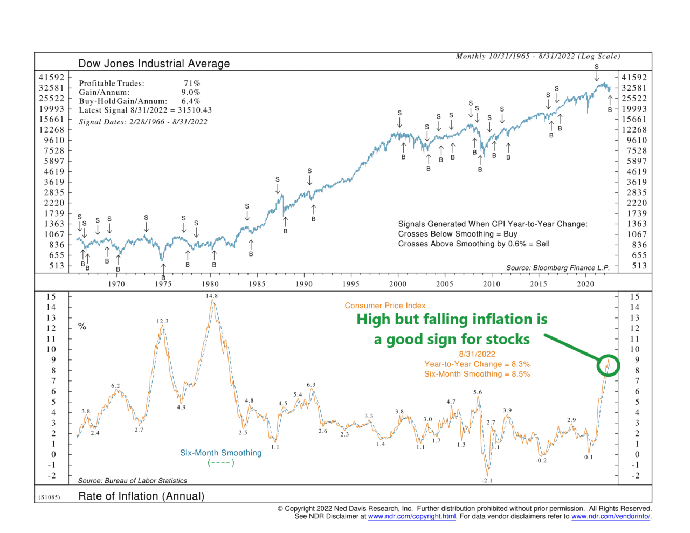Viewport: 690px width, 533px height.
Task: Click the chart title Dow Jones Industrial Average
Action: coord(154,64)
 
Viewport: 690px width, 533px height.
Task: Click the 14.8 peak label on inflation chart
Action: coord(211,296)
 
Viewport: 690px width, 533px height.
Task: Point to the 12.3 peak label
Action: coord(162,321)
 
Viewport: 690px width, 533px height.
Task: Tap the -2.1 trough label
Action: coord(487,480)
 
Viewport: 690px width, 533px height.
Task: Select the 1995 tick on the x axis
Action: coord(351,284)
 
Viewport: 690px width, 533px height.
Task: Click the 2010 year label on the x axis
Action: coord(492,284)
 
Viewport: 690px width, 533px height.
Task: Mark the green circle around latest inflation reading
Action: coord(608,365)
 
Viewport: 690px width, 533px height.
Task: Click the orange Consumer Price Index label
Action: coord(385,306)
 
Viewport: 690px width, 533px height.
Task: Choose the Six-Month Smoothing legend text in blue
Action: coord(220,453)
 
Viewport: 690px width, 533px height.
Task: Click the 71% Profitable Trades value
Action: coord(191,84)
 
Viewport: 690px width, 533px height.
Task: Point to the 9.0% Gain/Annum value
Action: coord(190,92)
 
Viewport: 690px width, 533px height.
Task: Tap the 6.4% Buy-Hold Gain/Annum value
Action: coord(190,101)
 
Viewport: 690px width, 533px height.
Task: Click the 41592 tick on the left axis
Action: coord(51,78)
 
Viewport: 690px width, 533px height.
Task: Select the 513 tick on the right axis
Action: coord(639,266)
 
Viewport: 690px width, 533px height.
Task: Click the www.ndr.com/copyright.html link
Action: coord(412,516)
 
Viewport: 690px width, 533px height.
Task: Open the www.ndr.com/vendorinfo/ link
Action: coord(610,516)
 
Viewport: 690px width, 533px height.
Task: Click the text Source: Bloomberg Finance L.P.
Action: coord(557,268)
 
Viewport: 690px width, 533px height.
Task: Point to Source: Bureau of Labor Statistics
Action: coord(132,481)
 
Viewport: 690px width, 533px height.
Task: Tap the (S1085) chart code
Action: coord(49,497)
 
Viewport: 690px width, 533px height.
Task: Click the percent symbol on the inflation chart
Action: coord(82,326)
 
